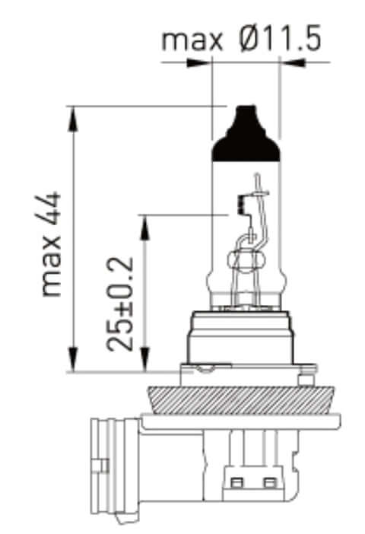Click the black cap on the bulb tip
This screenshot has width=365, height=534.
[x=245, y=135]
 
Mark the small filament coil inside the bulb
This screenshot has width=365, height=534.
[x=241, y=203]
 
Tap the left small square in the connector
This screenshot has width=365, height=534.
[x=236, y=482]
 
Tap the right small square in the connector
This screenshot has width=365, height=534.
[x=268, y=482]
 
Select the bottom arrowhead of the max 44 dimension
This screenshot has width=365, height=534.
[x=73, y=361]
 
